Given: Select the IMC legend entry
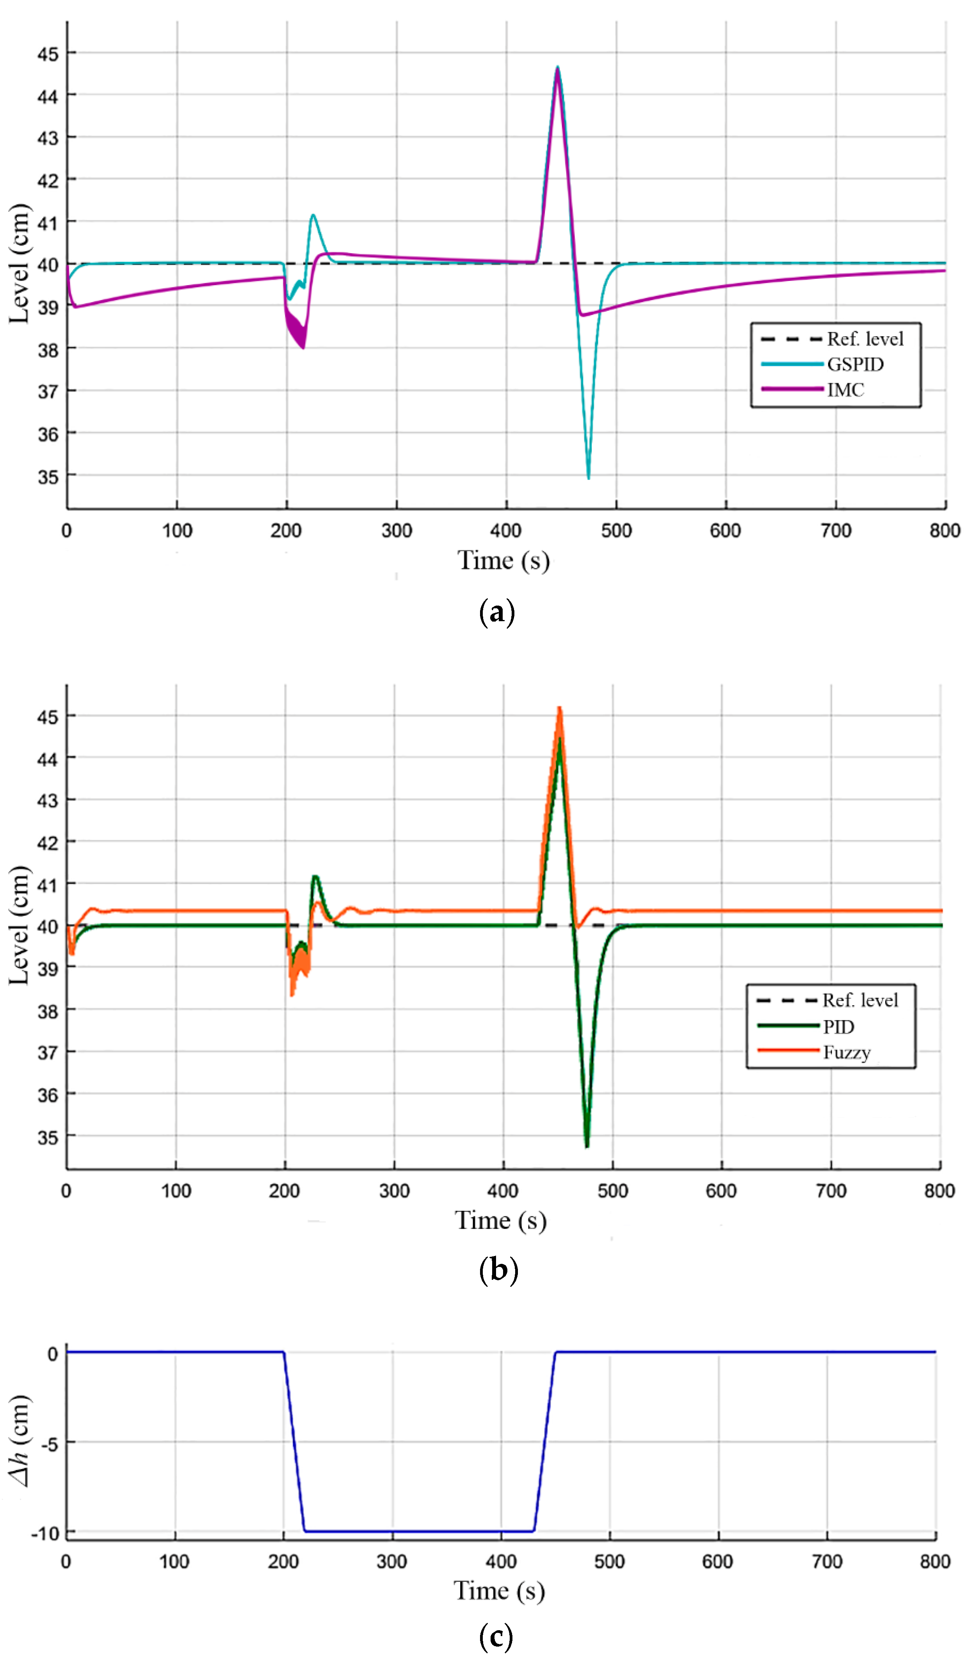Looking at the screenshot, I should pyautogui.click(x=845, y=390).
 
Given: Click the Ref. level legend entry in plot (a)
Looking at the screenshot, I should pyautogui.click(x=864, y=339).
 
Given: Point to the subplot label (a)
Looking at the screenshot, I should pyautogui.click(x=496, y=612).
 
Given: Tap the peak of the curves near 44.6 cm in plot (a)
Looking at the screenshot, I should pyautogui.click(x=557, y=68).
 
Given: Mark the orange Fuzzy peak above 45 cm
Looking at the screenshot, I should pyautogui.click(x=559, y=708).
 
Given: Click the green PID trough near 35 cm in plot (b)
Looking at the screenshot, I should pyautogui.click(x=586, y=1146).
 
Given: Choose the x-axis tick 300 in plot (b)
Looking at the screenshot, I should pyautogui.click(x=394, y=1191).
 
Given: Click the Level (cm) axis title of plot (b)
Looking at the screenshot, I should pyautogui.click(x=20, y=925).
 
